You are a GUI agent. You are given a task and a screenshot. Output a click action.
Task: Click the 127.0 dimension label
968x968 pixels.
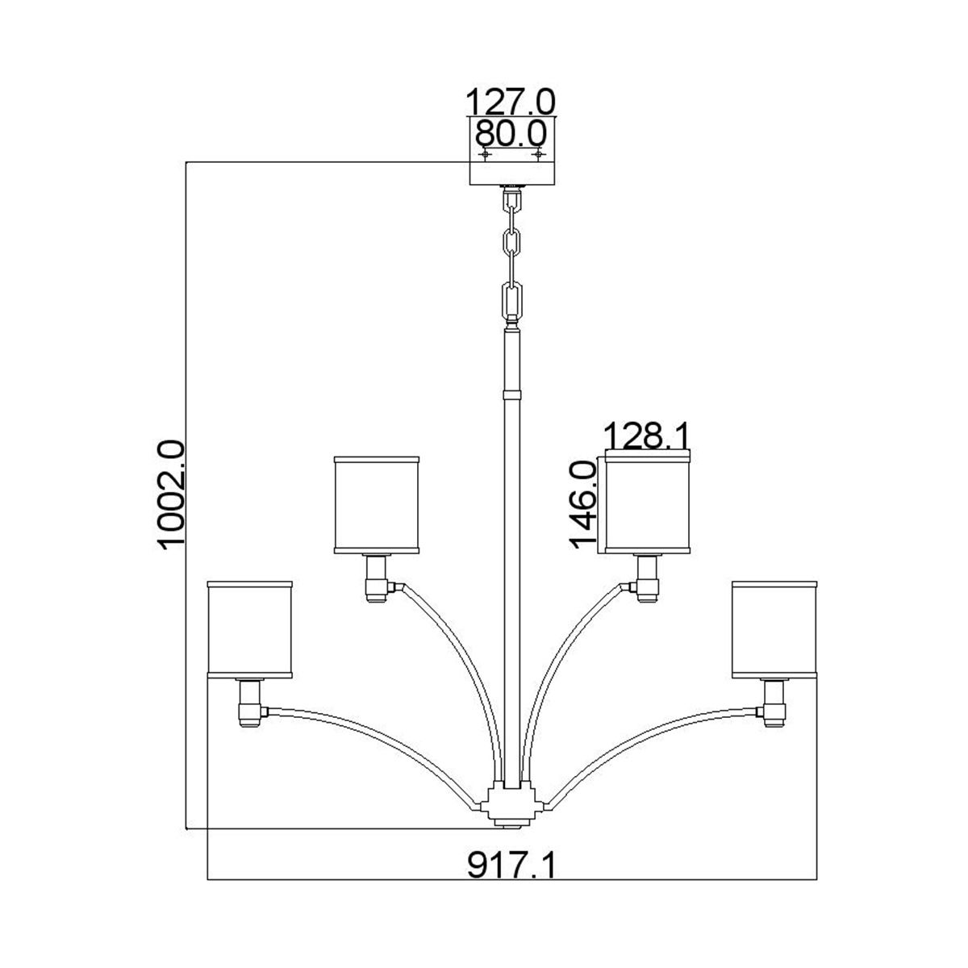pos(511,102)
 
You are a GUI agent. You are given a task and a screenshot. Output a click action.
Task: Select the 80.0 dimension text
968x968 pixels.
pos(511,131)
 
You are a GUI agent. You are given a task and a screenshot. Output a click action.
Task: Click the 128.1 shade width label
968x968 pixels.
pos(648,437)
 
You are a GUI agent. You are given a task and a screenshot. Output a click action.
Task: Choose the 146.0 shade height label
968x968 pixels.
pos(582,504)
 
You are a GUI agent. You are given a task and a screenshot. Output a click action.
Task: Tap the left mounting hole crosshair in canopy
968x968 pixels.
pos(485,153)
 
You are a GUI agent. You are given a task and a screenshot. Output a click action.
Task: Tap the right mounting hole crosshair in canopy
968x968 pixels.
pos(538,153)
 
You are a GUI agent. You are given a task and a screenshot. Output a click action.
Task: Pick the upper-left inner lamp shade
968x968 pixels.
pos(378,505)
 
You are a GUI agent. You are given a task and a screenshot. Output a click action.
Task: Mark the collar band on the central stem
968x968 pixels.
pos(511,395)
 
